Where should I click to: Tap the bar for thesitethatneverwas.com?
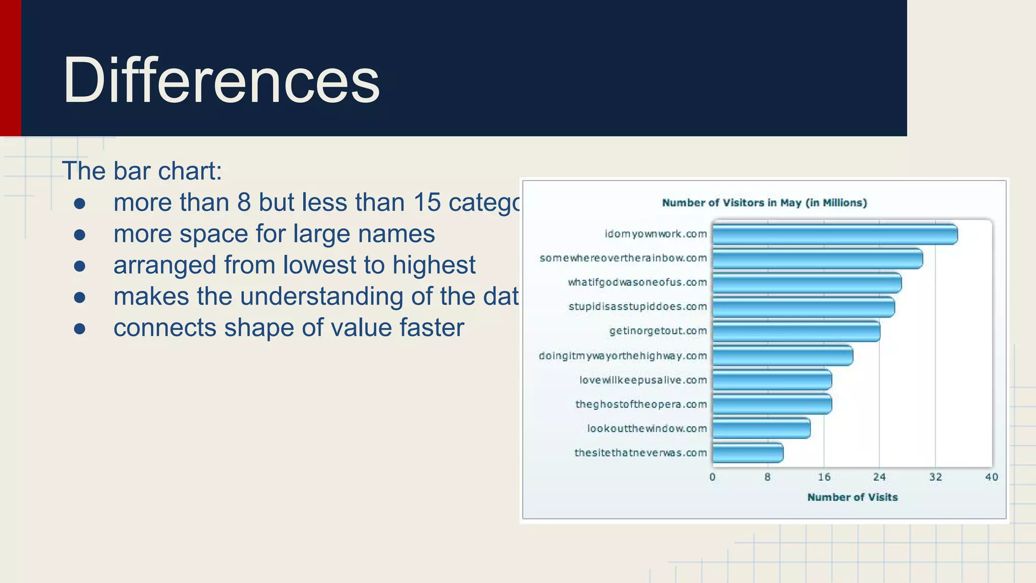tap(748, 453)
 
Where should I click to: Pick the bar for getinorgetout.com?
tap(796, 331)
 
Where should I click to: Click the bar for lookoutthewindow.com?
tap(761, 429)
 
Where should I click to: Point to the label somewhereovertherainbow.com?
tap(623, 258)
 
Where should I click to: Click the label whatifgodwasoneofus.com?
tap(637, 282)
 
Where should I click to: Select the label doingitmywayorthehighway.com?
tap(623, 356)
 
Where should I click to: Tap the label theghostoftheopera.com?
tap(641, 404)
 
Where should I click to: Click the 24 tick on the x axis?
tap(879, 477)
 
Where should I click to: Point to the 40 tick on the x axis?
tap(991, 477)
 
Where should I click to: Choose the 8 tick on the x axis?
tap(767, 477)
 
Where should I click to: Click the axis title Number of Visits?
tap(852, 497)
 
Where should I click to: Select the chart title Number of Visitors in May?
tap(764, 203)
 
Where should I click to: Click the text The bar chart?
tap(142, 171)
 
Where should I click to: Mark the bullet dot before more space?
tap(79, 235)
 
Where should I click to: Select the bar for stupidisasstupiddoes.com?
tap(803, 307)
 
